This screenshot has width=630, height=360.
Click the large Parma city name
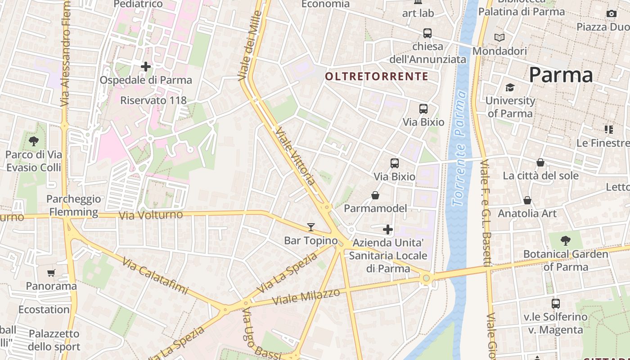click(x=561, y=75)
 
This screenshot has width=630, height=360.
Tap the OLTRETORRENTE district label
click(x=377, y=76)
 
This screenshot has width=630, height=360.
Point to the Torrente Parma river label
click(x=459, y=148)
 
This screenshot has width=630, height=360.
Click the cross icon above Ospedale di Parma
click(x=146, y=67)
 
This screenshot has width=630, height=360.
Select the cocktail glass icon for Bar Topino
click(x=311, y=227)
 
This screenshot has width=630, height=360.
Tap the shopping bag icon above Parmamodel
click(x=375, y=195)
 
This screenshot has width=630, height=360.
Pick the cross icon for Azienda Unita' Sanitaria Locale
click(x=388, y=230)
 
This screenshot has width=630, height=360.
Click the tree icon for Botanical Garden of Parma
click(x=566, y=241)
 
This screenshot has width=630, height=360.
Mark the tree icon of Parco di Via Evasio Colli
click(x=34, y=141)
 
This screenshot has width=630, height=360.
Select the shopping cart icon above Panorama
click(x=51, y=273)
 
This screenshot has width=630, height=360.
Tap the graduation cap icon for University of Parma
click(x=510, y=87)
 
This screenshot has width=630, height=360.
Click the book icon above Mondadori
click(x=499, y=37)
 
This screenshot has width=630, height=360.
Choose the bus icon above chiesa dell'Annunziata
click(x=427, y=33)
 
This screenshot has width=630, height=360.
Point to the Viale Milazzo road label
click(x=306, y=297)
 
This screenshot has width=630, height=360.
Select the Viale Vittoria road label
click(x=295, y=156)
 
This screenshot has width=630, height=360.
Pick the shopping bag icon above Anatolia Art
click(x=527, y=200)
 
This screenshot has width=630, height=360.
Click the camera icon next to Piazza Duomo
click(x=611, y=14)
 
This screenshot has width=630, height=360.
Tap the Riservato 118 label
click(x=153, y=100)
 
